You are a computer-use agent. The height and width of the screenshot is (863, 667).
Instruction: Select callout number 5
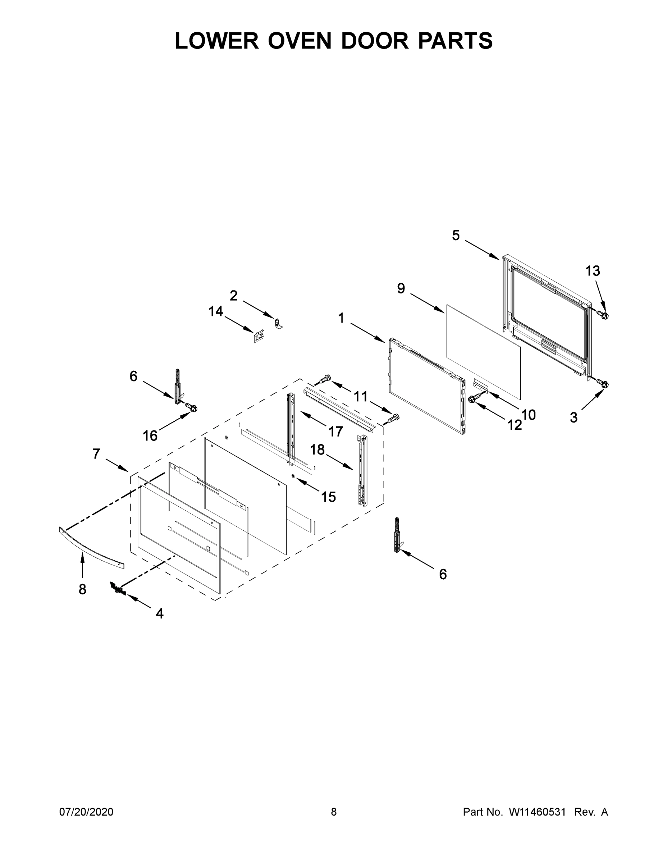point(456,236)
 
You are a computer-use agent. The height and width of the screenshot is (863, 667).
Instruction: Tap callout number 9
point(401,288)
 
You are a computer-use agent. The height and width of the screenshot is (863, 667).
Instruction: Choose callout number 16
point(150,436)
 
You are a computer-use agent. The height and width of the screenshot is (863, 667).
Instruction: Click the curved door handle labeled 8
point(91,548)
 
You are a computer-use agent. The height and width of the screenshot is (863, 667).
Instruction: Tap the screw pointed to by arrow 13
point(603,315)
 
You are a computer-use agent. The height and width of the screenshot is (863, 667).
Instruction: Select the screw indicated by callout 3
point(603,383)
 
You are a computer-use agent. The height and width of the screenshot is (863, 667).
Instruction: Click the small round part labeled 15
point(293,476)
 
